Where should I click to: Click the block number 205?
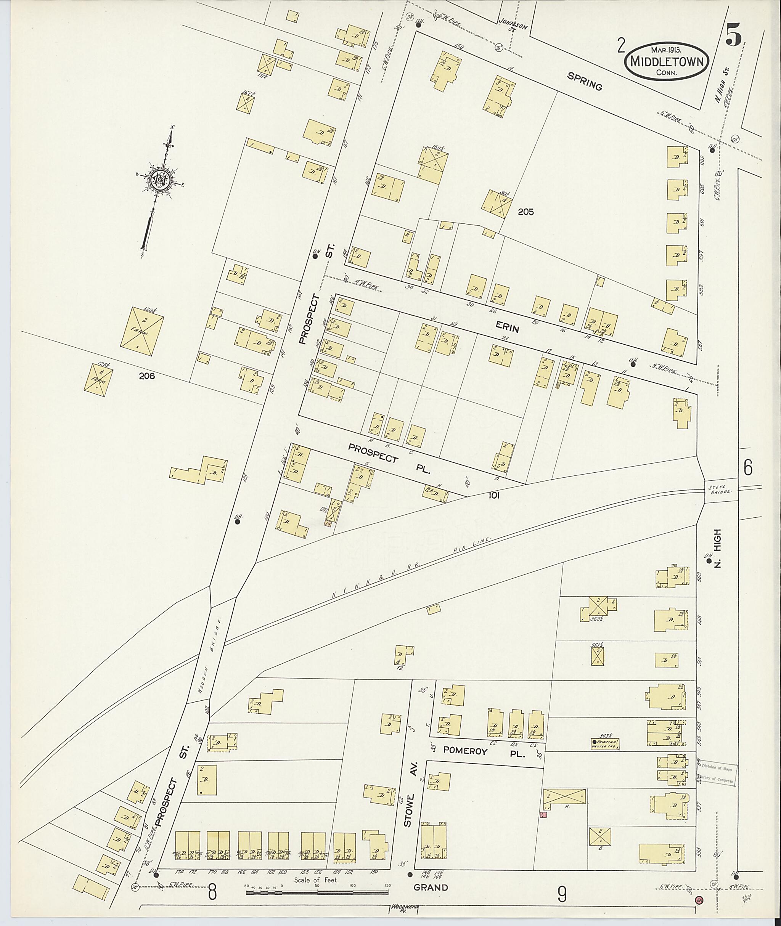tap(525, 212)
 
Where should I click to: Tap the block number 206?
tap(146, 376)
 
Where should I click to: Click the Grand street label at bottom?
tap(431, 887)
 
